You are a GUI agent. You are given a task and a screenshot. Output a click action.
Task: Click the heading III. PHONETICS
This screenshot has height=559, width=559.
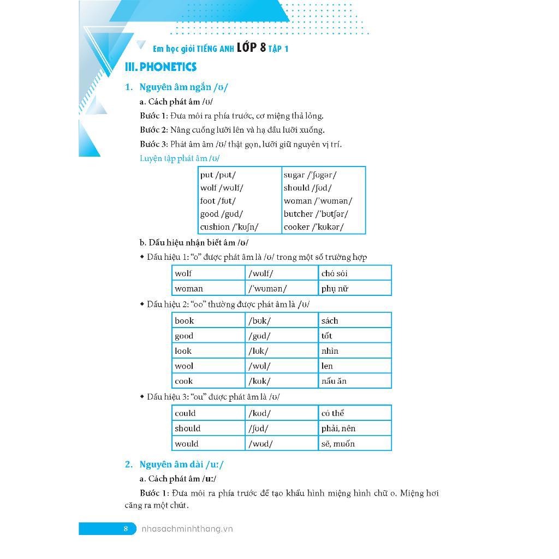click(160, 67)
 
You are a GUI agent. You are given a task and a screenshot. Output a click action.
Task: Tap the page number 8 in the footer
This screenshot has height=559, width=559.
click(126, 528)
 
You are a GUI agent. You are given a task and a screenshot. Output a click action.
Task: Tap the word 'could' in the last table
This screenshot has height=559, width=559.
click(185, 413)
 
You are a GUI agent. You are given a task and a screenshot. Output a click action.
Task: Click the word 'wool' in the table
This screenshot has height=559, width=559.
click(184, 366)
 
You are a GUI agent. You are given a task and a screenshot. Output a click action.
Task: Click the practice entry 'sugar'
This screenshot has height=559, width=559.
click(294, 175)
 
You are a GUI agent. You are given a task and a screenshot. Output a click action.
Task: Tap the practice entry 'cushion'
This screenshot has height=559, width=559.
click(215, 227)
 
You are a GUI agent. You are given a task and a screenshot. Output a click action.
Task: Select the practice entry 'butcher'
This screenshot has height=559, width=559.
click(298, 214)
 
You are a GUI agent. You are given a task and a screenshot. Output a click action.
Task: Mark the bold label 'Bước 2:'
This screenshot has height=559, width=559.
click(153, 130)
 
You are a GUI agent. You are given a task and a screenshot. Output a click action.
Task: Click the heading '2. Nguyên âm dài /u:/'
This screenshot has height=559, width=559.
click(174, 465)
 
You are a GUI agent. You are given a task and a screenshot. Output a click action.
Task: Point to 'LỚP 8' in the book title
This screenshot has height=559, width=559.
click(251, 47)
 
